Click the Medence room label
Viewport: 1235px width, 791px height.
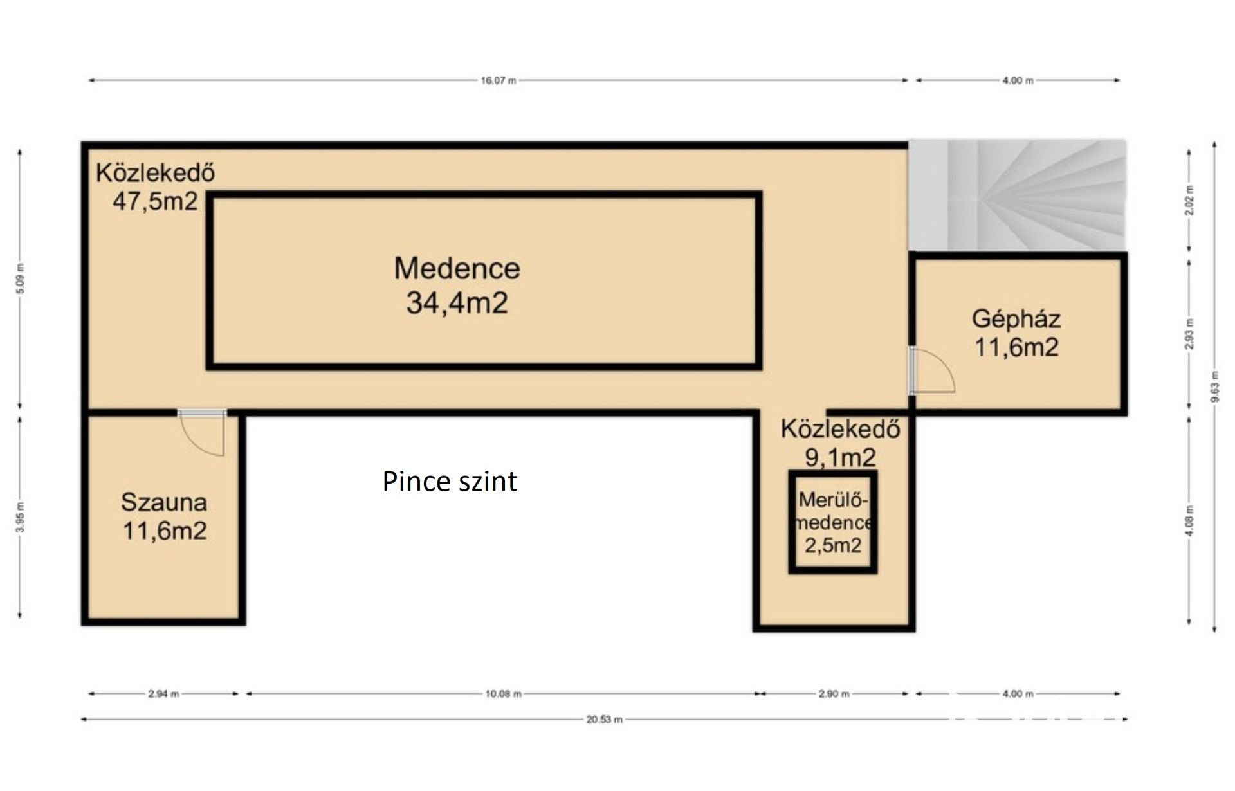click(457, 268)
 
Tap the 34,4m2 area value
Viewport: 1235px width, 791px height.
click(457, 302)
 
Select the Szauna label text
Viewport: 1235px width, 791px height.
click(164, 502)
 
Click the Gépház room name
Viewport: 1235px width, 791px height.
click(1016, 320)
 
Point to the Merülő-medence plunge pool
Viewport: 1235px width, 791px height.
click(833, 522)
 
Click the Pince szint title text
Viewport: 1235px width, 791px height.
click(450, 481)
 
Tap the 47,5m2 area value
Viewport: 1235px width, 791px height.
click(155, 201)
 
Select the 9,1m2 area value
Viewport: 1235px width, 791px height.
click(841, 457)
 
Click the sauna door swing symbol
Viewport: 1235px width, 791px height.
click(202, 433)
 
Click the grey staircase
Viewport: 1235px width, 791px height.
click(1017, 195)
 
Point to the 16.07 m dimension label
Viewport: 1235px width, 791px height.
click(499, 80)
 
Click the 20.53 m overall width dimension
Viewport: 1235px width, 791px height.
click(604, 720)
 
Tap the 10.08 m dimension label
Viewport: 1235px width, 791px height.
click(504, 694)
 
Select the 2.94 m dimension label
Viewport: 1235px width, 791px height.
click(163, 694)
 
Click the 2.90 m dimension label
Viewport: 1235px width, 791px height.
click(834, 694)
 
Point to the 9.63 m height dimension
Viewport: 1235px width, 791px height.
click(1214, 386)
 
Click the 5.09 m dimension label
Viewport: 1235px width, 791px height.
click(20, 279)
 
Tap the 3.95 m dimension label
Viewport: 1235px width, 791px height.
click(20, 516)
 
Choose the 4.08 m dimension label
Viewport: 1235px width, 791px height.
click(1189, 520)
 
